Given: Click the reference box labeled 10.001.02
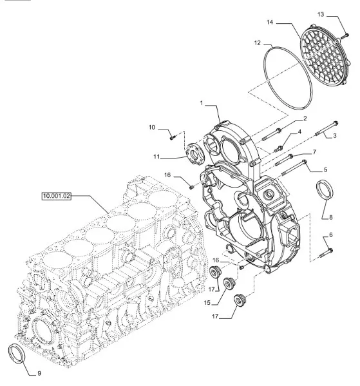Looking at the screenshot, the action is pyautogui.click(x=56, y=196).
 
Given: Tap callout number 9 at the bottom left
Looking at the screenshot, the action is pyautogui.click(x=39, y=374).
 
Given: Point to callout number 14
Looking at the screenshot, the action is pyautogui.click(x=270, y=22).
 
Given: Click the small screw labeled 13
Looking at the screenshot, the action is pyautogui.click(x=345, y=36).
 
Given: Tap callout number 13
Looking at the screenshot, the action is pyautogui.click(x=321, y=15).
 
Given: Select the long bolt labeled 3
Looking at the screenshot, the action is pyautogui.click(x=326, y=128).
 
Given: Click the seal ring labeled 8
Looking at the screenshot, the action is pyautogui.click(x=325, y=189).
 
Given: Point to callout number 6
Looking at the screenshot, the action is pyautogui.click(x=331, y=235).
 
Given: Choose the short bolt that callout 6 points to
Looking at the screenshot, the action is pyautogui.click(x=327, y=253).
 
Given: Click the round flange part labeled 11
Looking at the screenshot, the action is pyautogui.click(x=195, y=154).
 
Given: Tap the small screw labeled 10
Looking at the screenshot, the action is pyautogui.click(x=173, y=137).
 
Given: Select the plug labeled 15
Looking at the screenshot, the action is pyautogui.click(x=229, y=284).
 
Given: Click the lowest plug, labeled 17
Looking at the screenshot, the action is pyautogui.click(x=240, y=300).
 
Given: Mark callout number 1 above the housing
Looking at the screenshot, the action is pyautogui.click(x=202, y=103).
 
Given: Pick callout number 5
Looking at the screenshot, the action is pyautogui.click(x=326, y=169).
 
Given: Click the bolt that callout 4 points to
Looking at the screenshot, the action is pyautogui.click(x=279, y=148).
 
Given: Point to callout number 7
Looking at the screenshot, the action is pyautogui.click(x=314, y=152).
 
